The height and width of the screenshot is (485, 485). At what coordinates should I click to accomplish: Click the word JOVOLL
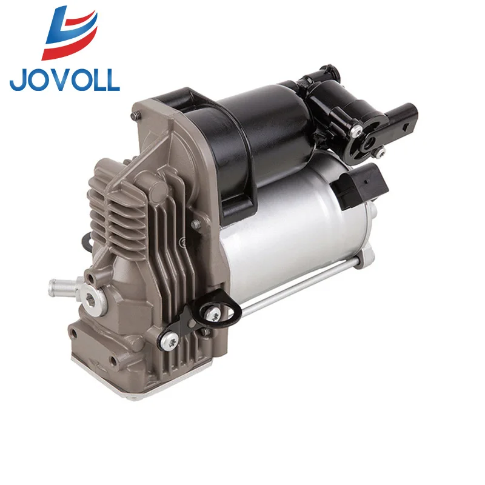click(x=65, y=79)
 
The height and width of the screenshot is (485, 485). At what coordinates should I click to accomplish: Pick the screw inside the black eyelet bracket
click(x=214, y=314)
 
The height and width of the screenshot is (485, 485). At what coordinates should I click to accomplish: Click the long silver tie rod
click(x=291, y=291)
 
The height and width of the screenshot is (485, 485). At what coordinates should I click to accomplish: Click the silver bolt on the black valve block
click(x=358, y=130)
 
